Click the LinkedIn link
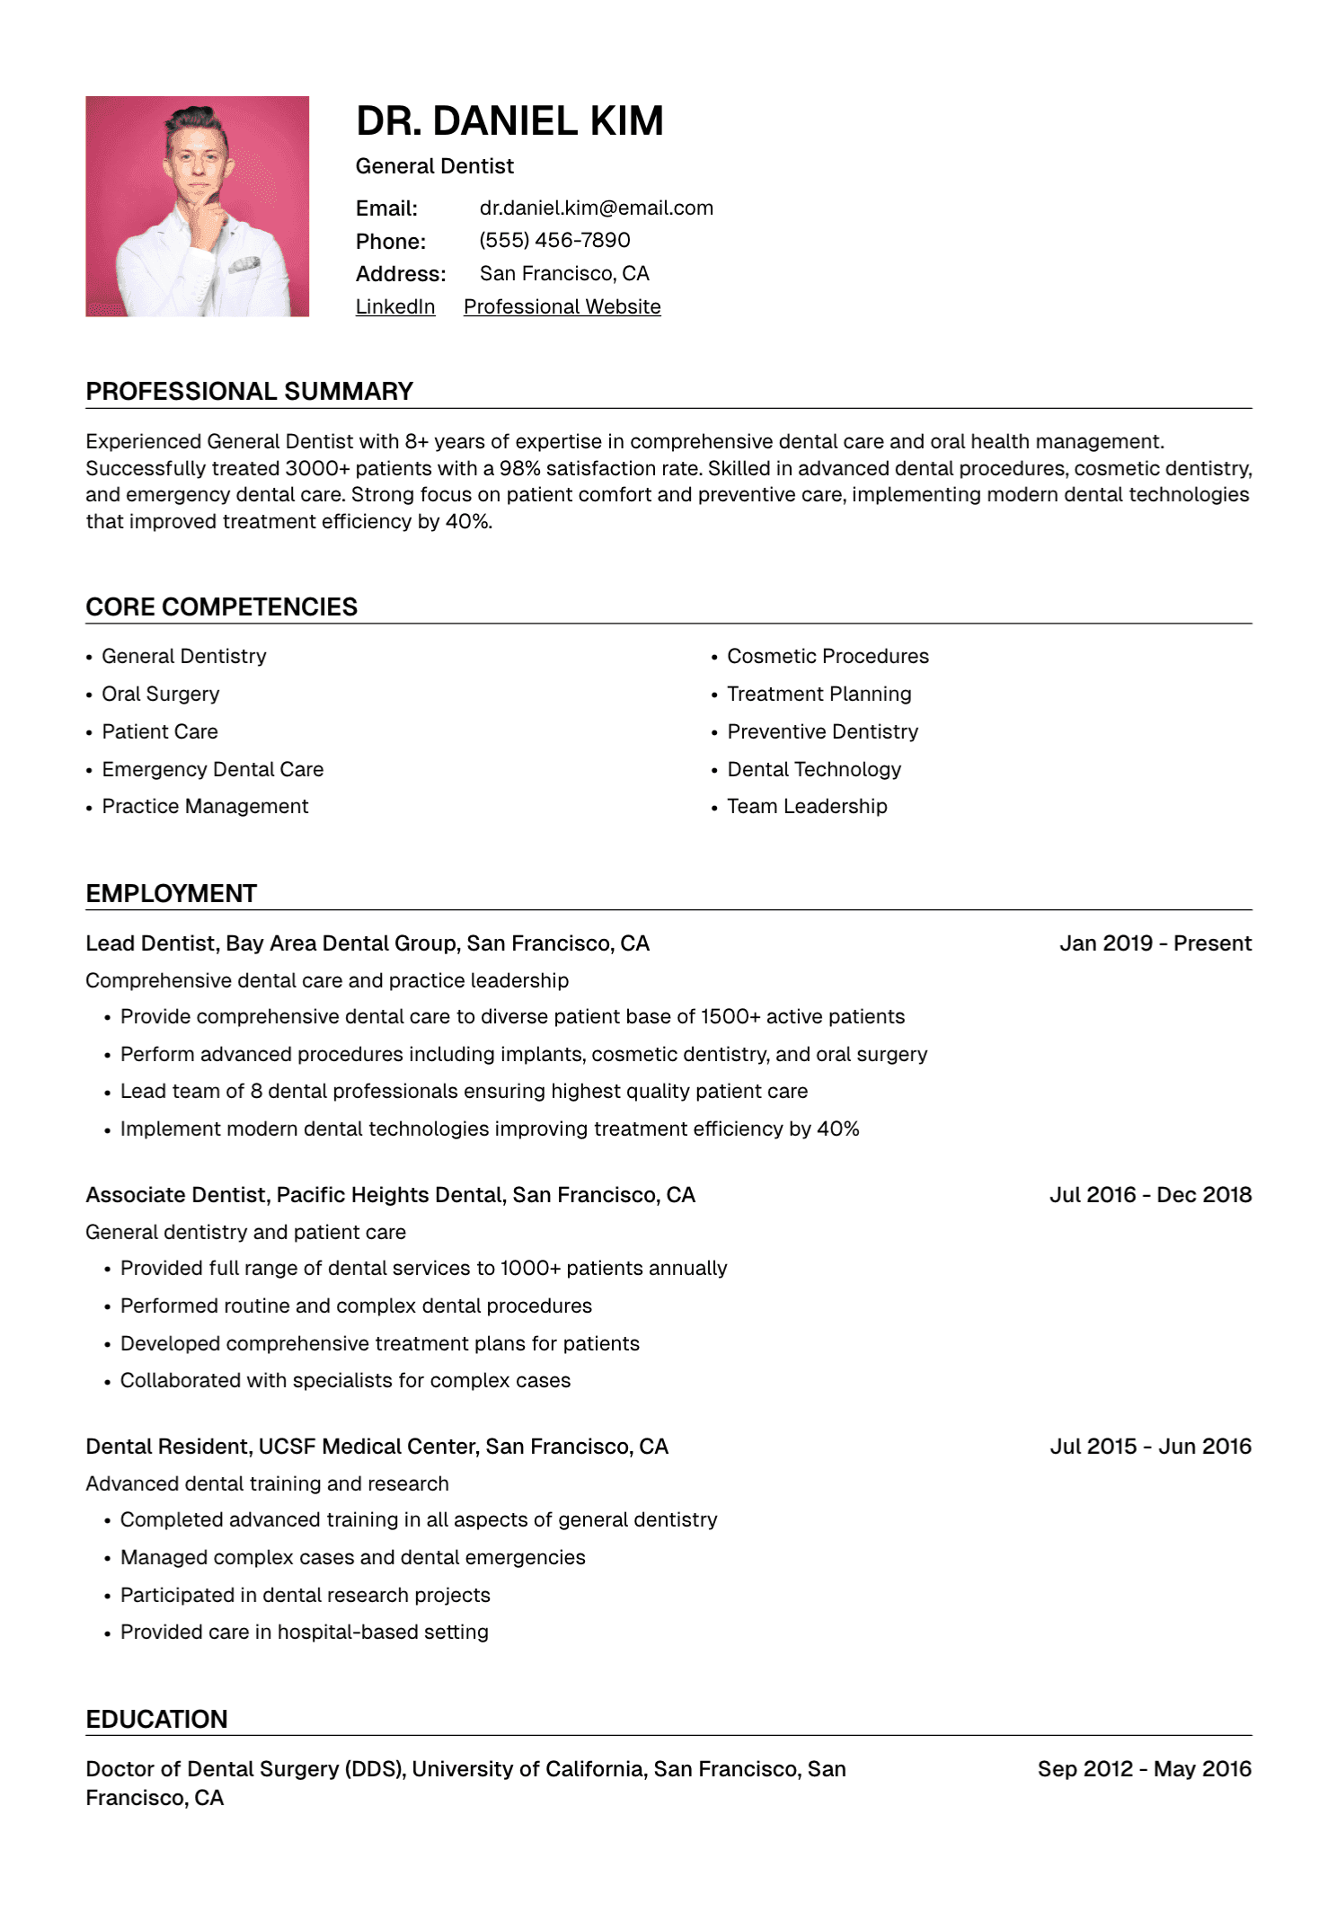click(x=395, y=307)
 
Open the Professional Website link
click(x=562, y=307)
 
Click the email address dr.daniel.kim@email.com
click(x=596, y=208)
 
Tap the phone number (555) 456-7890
click(x=554, y=241)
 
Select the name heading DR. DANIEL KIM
click(x=509, y=121)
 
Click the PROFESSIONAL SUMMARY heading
click(x=249, y=392)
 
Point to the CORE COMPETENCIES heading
click(x=221, y=607)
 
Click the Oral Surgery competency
click(x=160, y=695)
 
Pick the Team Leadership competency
click(x=807, y=807)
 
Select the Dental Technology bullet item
click(x=814, y=770)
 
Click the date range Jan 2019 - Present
click(x=1155, y=943)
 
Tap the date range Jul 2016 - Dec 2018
click(x=1150, y=1195)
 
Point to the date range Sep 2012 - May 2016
click(x=1144, y=1769)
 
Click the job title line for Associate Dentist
click(x=390, y=1195)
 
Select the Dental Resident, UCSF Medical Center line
click(x=376, y=1447)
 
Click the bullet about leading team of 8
click(x=464, y=1092)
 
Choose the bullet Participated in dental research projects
click(x=305, y=1596)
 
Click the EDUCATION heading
click(x=156, y=1720)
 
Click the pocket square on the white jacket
click(x=243, y=266)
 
